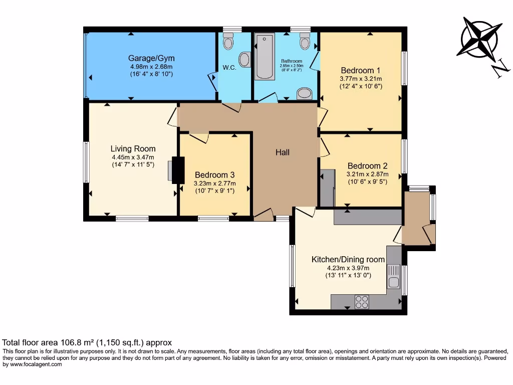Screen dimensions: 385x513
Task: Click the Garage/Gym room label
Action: tap(151, 58)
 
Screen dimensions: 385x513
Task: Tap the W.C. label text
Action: tap(228, 67)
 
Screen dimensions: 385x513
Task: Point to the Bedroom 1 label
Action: tap(361, 70)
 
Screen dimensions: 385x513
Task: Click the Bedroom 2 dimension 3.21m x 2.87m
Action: tap(368, 174)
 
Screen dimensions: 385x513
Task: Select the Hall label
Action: tap(283, 152)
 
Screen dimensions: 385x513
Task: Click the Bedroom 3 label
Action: tap(214, 175)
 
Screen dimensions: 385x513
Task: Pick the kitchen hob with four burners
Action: tap(362, 301)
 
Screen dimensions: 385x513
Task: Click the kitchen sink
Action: tap(393, 281)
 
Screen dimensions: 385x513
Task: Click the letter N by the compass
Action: tap(498, 71)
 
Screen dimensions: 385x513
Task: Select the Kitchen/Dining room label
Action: tap(348, 259)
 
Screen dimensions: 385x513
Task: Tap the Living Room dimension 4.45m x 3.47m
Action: tap(133, 157)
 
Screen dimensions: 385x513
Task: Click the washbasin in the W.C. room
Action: tap(244, 60)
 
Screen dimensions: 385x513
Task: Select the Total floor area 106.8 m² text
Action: tap(87, 343)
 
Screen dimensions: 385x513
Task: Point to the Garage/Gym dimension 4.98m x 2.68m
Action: tap(151, 66)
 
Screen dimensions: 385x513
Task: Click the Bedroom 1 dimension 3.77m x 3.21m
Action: tap(361, 78)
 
